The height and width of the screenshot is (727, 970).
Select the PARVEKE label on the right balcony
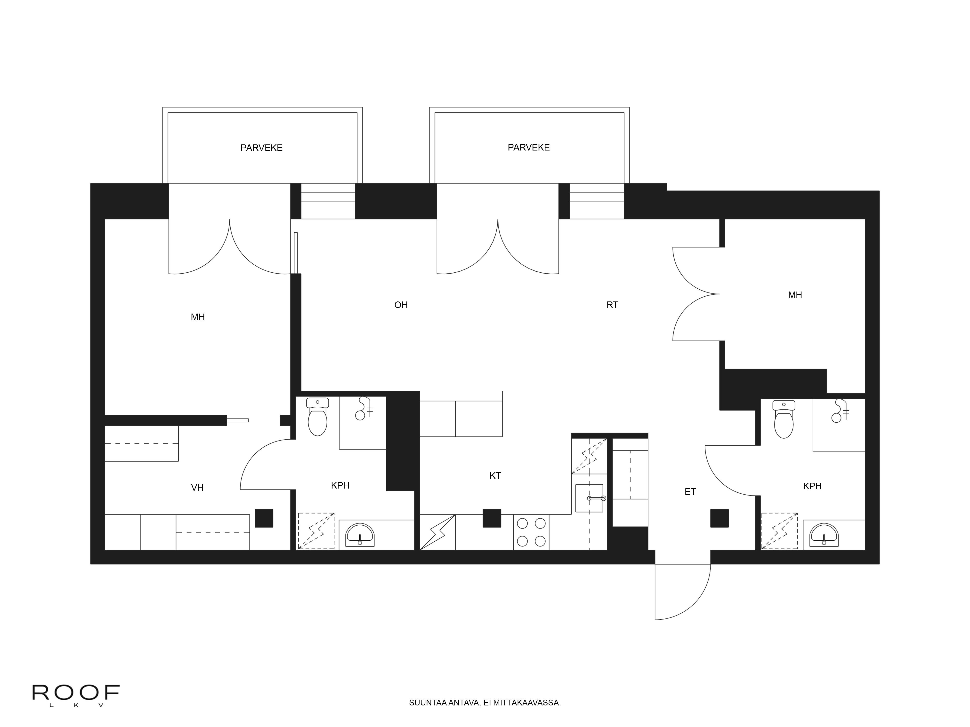tap(528, 148)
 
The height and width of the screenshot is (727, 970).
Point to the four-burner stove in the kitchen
tap(531, 532)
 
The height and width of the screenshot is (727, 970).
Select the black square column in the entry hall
tap(719, 518)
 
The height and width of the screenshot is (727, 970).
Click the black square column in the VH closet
tap(264, 518)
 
